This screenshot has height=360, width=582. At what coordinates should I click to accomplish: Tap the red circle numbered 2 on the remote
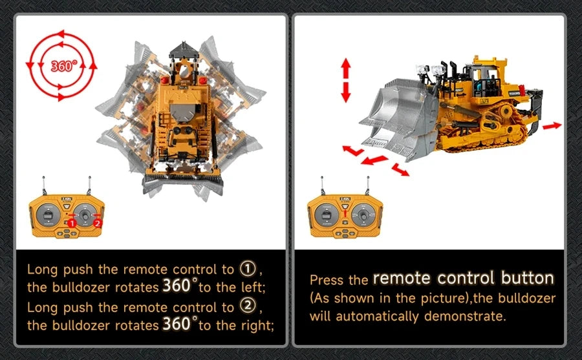point(98,222)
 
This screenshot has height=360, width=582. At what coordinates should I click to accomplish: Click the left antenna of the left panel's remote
point(43,186)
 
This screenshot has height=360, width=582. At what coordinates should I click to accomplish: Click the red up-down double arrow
point(346,79)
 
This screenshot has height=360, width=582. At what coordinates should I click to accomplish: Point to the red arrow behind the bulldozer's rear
point(551,126)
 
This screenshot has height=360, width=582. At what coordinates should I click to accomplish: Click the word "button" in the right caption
point(528,279)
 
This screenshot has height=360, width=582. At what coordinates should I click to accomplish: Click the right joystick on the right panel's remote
point(363,214)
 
